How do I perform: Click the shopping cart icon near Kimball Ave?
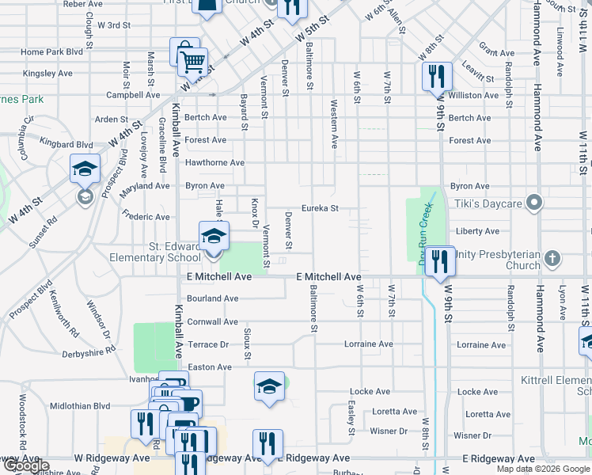(x=192, y=61)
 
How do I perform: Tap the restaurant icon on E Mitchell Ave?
(x=440, y=260)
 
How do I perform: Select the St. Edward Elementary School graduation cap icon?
(x=213, y=237)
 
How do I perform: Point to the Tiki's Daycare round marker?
(x=534, y=203)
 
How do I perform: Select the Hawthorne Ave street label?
(x=214, y=163)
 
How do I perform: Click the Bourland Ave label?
(x=213, y=298)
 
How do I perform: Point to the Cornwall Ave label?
(x=213, y=322)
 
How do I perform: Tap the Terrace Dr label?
(x=208, y=344)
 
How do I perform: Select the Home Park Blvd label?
(x=52, y=52)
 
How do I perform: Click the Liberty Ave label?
(x=478, y=231)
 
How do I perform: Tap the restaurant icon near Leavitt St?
(x=436, y=77)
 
